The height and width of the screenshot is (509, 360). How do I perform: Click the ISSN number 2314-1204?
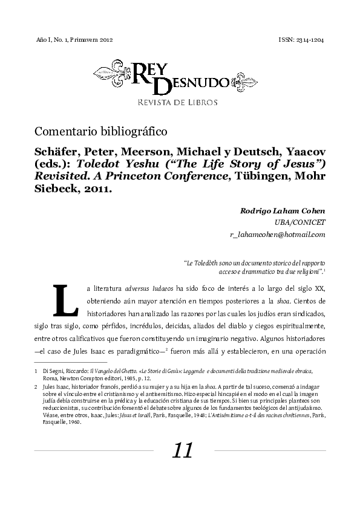click(x=310, y=39)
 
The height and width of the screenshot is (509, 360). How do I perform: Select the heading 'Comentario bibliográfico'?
click(x=101, y=131)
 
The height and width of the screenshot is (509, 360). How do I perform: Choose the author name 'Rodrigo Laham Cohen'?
click(x=283, y=210)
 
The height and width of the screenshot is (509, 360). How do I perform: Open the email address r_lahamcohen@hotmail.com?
click(x=278, y=234)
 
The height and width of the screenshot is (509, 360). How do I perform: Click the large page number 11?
click(x=182, y=450)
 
